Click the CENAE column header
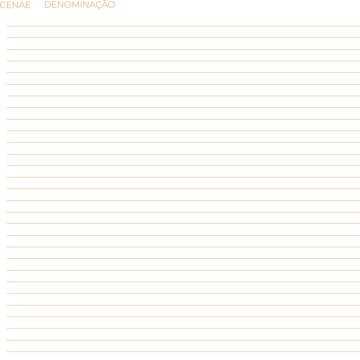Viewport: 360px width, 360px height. click(x=15, y=5)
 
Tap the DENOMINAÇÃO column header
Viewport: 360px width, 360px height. click(x=79, y=5)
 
